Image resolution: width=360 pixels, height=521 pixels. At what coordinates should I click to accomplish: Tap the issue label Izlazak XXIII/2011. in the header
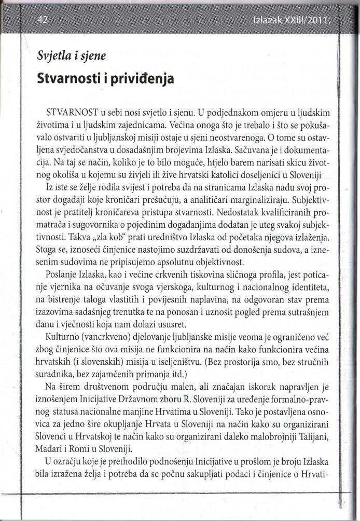coord(292,22)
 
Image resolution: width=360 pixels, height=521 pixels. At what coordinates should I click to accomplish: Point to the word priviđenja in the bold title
coord(138,79)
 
